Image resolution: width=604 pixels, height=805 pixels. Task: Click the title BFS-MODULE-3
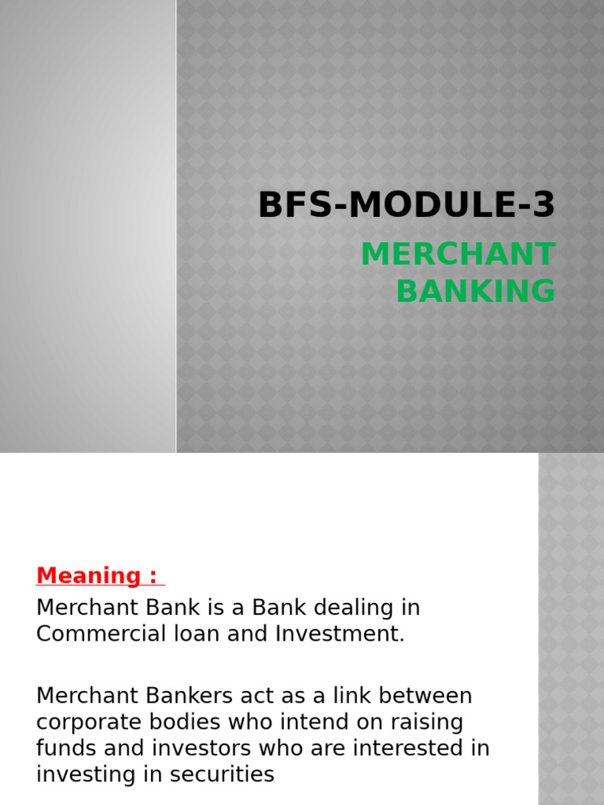coord(407,206)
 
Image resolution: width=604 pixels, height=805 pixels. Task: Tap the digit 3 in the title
coord(543,206)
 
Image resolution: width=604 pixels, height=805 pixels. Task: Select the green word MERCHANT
coord(458,255)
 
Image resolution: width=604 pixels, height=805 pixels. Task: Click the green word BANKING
coord(476,291)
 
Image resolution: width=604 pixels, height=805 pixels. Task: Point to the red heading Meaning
coord(88,575)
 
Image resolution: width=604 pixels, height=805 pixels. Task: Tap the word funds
coord(63,748)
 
